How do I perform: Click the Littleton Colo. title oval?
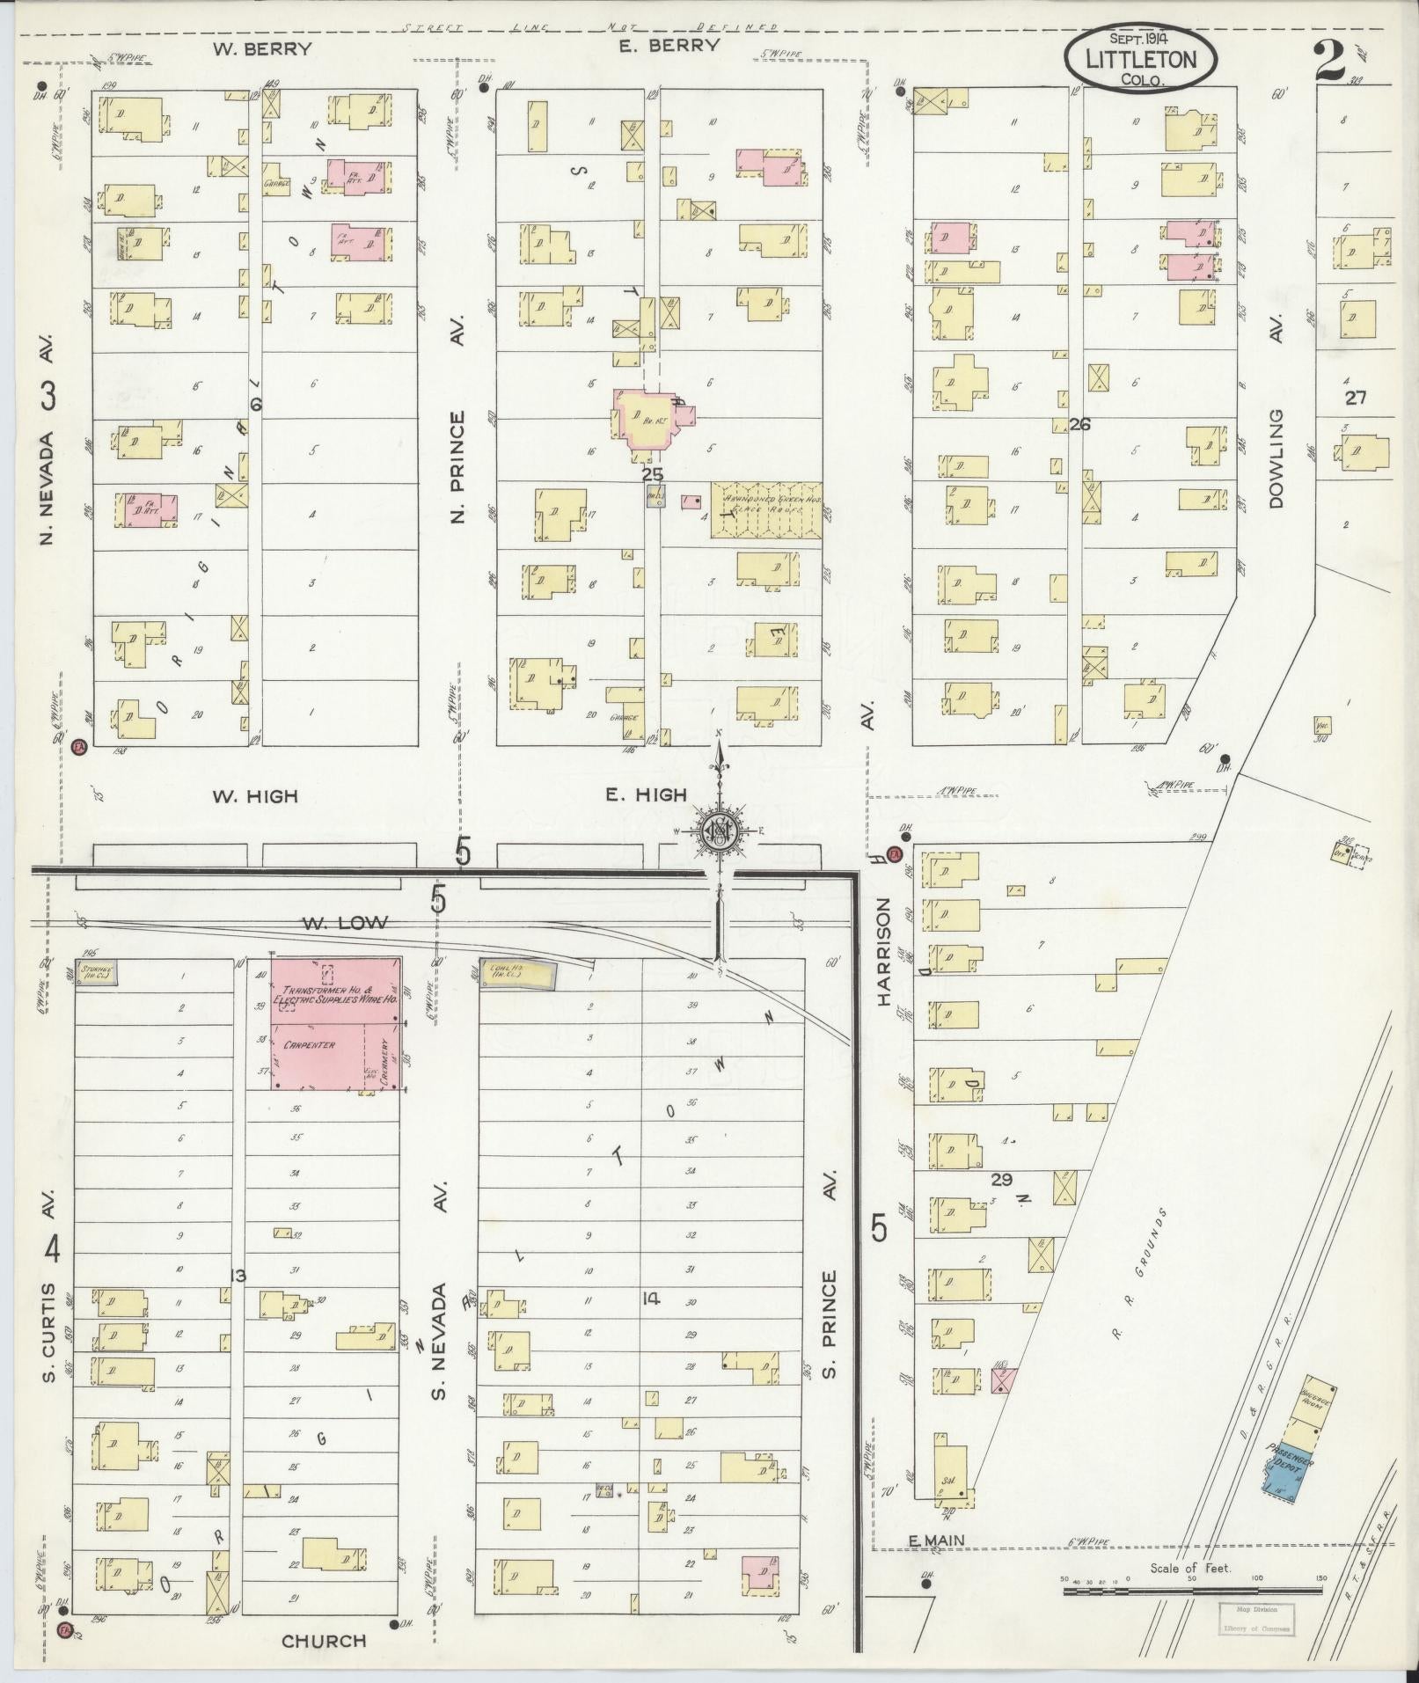tap(1141, 61)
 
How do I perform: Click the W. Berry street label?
tap(261, 48)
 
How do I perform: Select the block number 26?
tap(1079, 424)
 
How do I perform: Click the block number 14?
tap(650, 1298)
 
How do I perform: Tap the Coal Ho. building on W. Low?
tap(517, 974)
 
